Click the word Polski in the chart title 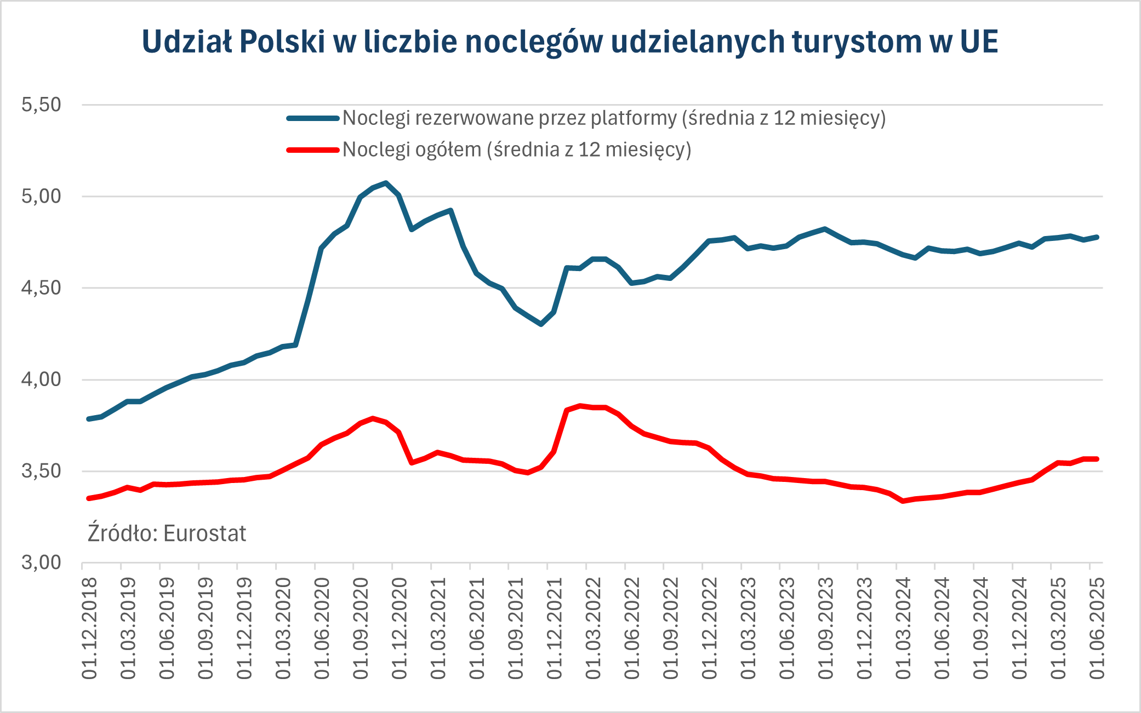click(x=282, y=42)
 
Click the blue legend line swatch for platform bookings click(x=313, y=118)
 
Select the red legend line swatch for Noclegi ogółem click(x=313, y=150)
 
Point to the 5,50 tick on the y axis click(x=41, y=105)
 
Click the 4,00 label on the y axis click(x=41, y=380)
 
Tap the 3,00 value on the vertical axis click(x=41, y=562)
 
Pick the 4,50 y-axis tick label click(x=41, y=288)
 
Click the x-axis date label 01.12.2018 click(x=89, y=628)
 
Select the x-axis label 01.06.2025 click(x=1097, y=628)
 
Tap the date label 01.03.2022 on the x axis click(x=594, y=628)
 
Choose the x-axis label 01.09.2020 click(x=361, y=628)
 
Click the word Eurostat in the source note click(x=204, y=533)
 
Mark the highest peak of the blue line click(x=386, y=183)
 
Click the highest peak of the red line click(x=580, y=406)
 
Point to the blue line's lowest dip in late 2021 click(x=541, y=324)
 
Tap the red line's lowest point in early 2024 click(x=903, y=501)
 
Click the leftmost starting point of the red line click(x=89, y=498)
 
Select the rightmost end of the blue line click(x=1097, y=237)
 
